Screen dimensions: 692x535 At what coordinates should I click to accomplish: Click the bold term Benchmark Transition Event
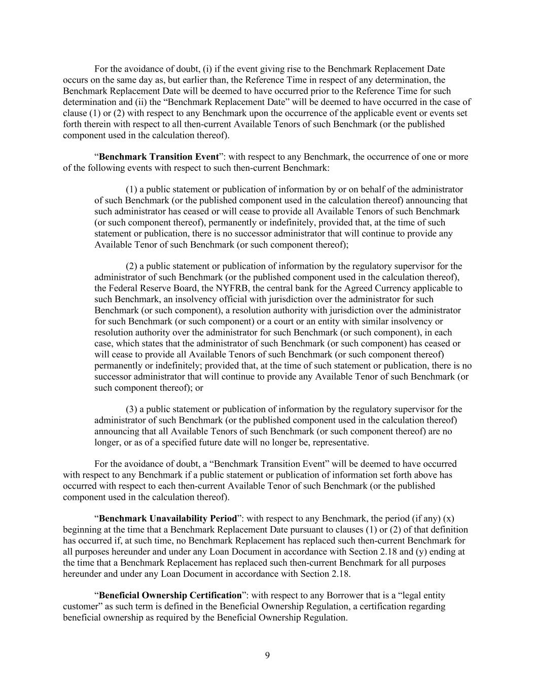point(159,157)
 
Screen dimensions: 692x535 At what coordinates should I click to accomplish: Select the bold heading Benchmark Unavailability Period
point(168,519)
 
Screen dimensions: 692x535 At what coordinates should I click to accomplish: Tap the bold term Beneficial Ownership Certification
point(170,596)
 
